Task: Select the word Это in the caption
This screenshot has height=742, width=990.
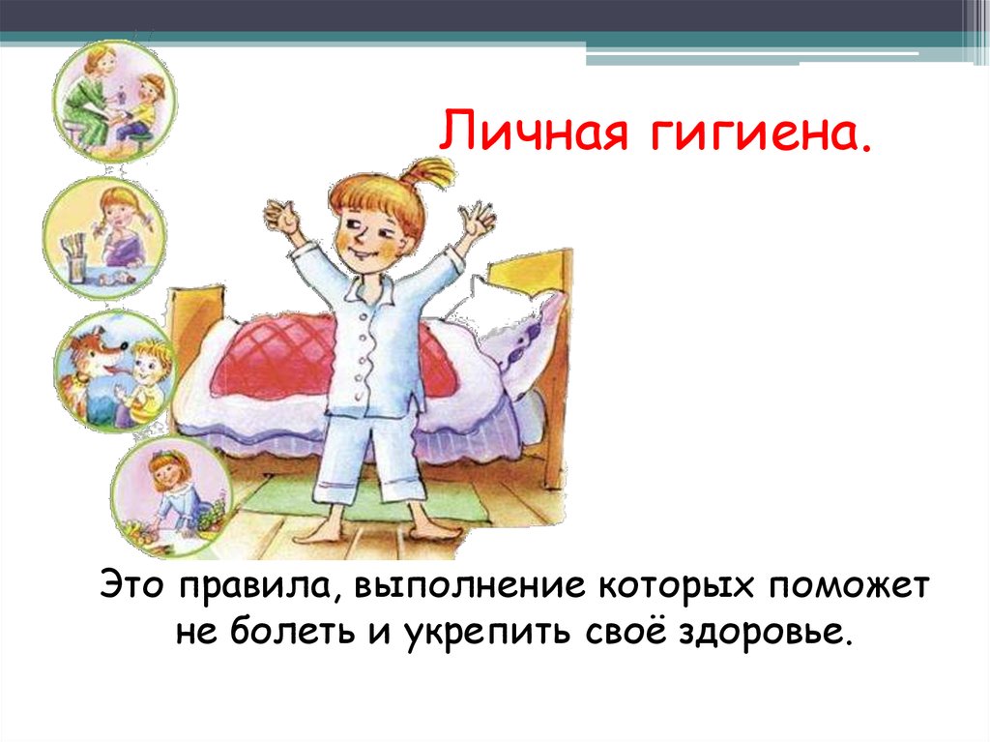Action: point(139,585)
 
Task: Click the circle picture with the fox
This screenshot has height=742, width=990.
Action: point(114,371)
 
